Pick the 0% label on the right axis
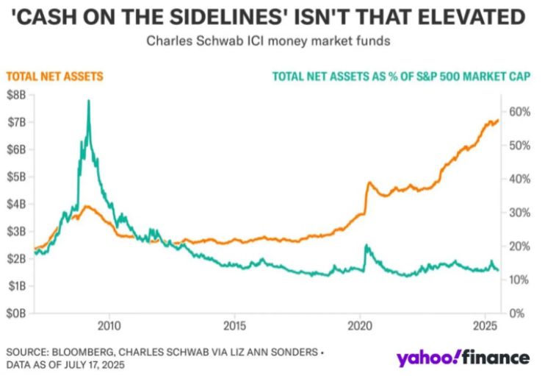click(x=518, y=313)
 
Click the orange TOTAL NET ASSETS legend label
click(x=54, y=76)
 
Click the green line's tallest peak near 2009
click(x=89, y=101)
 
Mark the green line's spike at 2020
click(x=366, y=246)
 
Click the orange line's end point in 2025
click(x=498, y=120)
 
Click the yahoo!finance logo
click(x=463, y=358)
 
